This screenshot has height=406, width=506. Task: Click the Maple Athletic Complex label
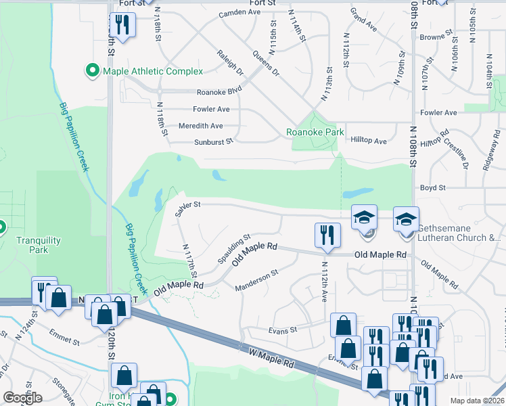152,71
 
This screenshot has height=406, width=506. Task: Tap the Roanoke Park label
315,133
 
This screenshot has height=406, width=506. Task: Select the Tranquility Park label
38,245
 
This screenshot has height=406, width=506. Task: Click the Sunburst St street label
214,141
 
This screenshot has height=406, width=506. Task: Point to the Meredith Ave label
200,126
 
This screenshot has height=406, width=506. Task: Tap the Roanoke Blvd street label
219,92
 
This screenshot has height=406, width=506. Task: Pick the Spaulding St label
234,249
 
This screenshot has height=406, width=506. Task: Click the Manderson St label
256,281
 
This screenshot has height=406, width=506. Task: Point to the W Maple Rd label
271,356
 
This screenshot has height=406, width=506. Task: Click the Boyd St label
432,187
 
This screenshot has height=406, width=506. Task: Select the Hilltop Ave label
369,141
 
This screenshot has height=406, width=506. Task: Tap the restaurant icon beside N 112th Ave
327,235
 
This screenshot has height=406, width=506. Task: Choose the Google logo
22,398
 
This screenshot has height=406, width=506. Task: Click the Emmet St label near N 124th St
65,332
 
